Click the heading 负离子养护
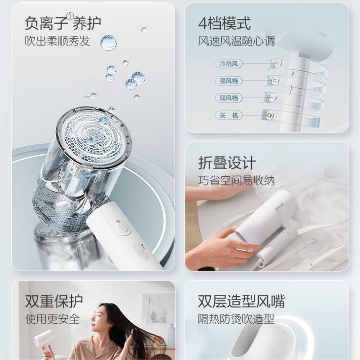63,22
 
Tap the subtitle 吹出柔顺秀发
57,41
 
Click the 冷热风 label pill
228,63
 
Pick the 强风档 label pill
228,81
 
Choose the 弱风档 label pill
228,98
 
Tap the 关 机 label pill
228,115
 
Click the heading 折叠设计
227,163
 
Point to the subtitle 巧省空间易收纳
236,181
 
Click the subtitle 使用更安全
53,319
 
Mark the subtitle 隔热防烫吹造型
236,319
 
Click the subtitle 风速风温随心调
236,41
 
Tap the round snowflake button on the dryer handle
122,228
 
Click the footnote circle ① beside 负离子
70,17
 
